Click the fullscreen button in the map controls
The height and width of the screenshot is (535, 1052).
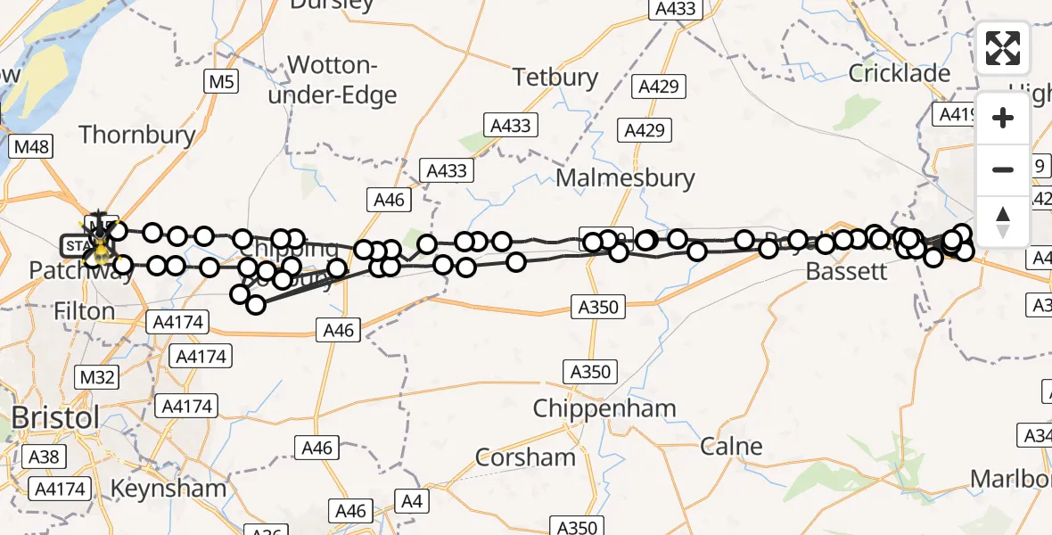pyautogui.click(x=1003, y=48)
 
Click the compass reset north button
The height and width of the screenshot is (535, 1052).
pyautogui.click(x=1003, y=222)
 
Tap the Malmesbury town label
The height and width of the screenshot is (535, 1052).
pyautogui.click(x=625, y=177)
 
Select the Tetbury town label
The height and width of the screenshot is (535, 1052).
pyautogui.click(x=555, y=77)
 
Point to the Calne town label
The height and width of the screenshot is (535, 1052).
pyautogui.click(x=731, y=446)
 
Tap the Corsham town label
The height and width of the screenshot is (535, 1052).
pyautogui.click(x=526, y=457)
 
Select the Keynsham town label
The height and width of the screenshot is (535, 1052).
pyautogui.click(x=168, y=489)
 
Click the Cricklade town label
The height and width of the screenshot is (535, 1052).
pyautogui.click(x=900, y=73)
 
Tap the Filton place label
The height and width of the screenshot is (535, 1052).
pyautogui.click(x=84, y=311)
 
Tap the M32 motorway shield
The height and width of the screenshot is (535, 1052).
pyautogui.click(x=96, y=377)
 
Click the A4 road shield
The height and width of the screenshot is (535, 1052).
pyautogui.click(x=411, y=501)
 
